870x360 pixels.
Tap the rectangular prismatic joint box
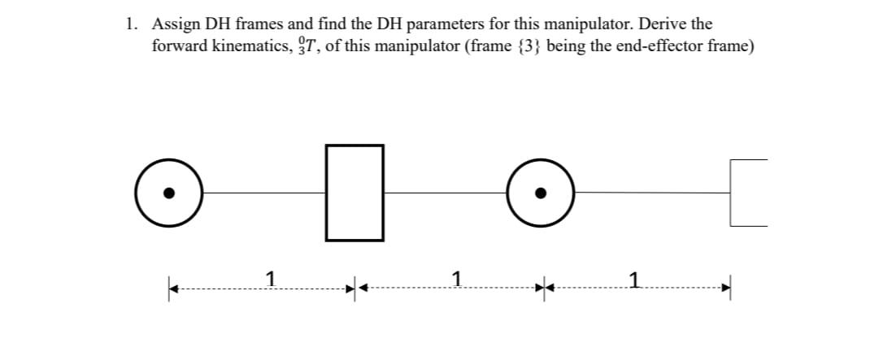[x=355, y=193]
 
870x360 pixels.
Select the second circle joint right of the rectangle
[x=541, y=193]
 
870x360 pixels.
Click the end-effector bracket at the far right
[x=747, y=193]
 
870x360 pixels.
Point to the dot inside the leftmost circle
[x=169, y=193]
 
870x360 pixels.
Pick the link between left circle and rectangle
[x=263, y=193]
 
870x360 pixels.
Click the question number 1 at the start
[x=131, y=24]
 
